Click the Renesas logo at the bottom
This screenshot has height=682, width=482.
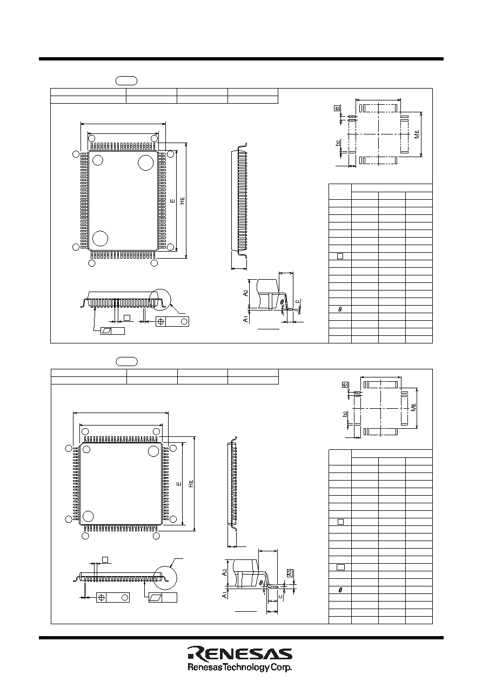coord(240,654)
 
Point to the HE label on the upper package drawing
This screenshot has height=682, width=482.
coord(182,201)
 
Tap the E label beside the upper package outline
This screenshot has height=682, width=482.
coord(173,201)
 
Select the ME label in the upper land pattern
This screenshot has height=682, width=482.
coord(417,134)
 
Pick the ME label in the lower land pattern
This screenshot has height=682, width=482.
coord(413,407)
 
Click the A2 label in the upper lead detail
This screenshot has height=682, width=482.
coord(245,293)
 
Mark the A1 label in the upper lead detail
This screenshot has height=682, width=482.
coord(245,319)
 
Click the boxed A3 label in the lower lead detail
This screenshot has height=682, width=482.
coord(290,573)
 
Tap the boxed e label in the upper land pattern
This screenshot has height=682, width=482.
coord(337,108)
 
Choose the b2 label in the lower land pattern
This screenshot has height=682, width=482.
coord(345,414)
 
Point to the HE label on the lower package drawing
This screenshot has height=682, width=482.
coord(191,483)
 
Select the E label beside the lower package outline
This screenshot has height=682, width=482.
coord(179,483)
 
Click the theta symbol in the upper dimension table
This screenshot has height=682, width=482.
coord(340,309)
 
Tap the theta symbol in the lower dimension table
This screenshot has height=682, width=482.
coord(340,590)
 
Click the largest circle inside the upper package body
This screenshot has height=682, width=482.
coord(146,163)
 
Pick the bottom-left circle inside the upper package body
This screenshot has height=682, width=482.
coord(101,238)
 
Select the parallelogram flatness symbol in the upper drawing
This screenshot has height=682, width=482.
coord(106,331)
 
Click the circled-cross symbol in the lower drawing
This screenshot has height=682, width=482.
coord(102,598)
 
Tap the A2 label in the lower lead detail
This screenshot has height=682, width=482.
coord(225,572)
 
